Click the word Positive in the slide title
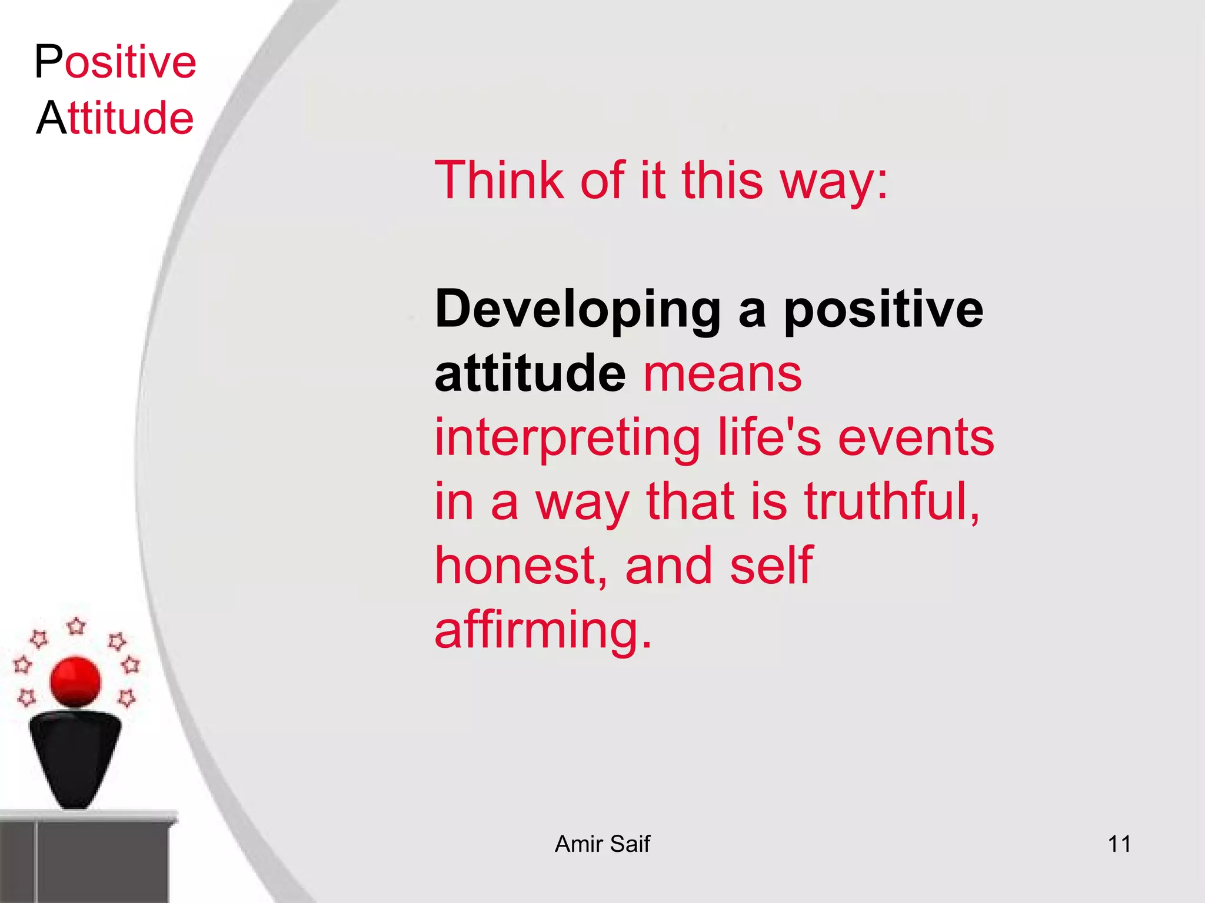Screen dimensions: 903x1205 point(115,62)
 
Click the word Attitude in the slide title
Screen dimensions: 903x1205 point(115,118)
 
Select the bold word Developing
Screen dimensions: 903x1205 point(578,310)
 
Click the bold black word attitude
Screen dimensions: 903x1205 point(530,374)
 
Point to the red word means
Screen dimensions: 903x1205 point(723,374)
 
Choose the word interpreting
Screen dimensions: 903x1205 point(567,439)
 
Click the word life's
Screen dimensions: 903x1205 point(769,437)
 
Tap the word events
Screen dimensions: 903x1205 point(916,437)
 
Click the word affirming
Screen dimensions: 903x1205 point(542,630)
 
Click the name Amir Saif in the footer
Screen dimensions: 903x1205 point(602,844)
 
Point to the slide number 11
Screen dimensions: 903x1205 point(1119,844)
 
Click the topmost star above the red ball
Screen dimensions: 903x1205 point(76,626)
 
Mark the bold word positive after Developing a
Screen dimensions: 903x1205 point(883,310)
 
